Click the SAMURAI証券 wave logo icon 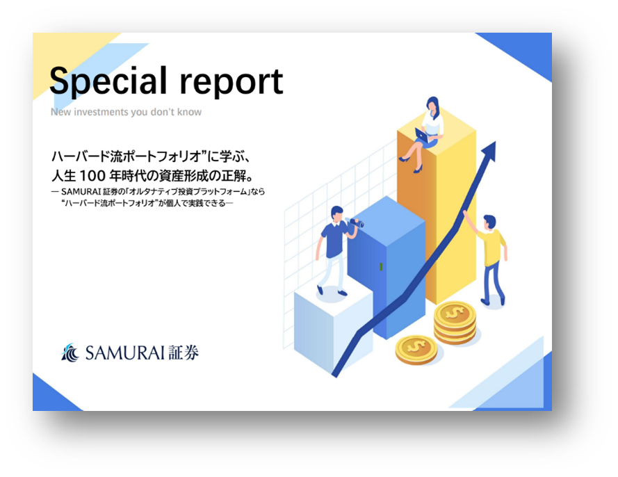(x=71, y=353)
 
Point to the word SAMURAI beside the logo (x=125, y=353)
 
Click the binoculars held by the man (x=355, y=223)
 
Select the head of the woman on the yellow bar (x=432, y=105)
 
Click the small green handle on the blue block (x=381, y=267)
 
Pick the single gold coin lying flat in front (x=416, y=348)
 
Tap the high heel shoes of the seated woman (x=410, y=164)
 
